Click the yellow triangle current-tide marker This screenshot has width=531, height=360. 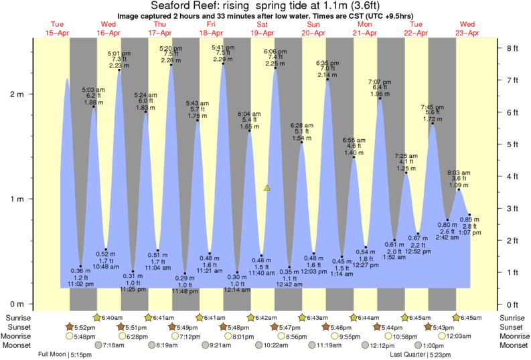(x=267, y=188)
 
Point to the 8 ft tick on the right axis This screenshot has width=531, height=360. (x=511, y=48)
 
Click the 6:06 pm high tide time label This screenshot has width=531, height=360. (x=275, y=52)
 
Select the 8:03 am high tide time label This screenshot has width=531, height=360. (x=459, y=172)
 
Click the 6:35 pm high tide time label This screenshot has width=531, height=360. (x=327, y=63)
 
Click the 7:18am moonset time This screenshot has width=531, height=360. (x=112, y=345)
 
